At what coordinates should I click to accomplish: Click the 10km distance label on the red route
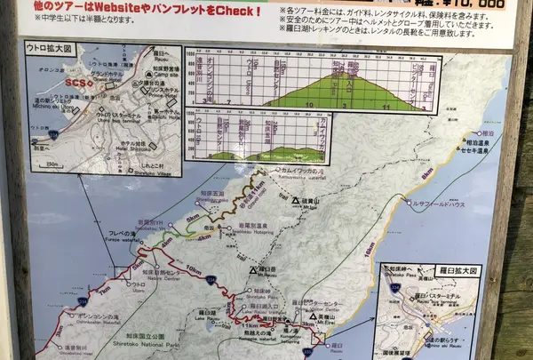(192, 268)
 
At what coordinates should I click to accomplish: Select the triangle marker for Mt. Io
(297, 202)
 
